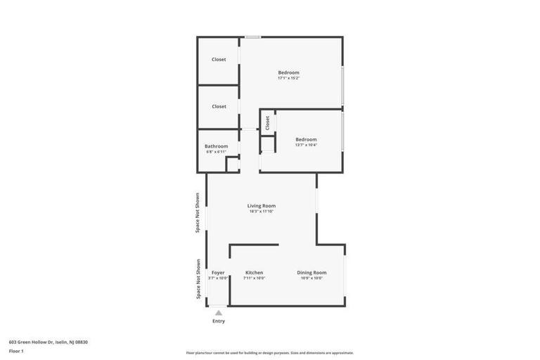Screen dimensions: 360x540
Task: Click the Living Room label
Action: [261, 206]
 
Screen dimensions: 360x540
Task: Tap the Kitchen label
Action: [254, 273]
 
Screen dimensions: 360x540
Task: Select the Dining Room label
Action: [311, 273]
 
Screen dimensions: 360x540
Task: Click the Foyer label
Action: [218, 273]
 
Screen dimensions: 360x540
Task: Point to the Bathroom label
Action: [216, 146]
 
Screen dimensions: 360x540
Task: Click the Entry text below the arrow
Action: [219, 321]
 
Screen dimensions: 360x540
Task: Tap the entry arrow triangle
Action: [219, 313]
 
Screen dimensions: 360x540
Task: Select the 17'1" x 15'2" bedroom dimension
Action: [288, 78]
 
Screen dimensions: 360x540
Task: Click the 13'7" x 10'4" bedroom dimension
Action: [306, 145]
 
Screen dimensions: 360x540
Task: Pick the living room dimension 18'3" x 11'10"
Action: [261, 212]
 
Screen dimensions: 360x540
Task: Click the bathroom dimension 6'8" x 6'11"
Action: [216, 152]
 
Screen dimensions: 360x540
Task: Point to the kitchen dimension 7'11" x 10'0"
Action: [254, 278]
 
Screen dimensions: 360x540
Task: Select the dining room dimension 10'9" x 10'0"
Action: [311, 278]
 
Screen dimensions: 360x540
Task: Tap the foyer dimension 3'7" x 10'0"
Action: [218, 278]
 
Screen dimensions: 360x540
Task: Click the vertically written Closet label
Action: [267, 123]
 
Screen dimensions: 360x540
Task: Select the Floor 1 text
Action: [16, 351]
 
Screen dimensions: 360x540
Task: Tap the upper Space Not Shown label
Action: [198, 212]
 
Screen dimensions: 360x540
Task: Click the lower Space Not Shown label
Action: [198, 279]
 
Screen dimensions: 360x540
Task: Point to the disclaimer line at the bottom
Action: [269, 353]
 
